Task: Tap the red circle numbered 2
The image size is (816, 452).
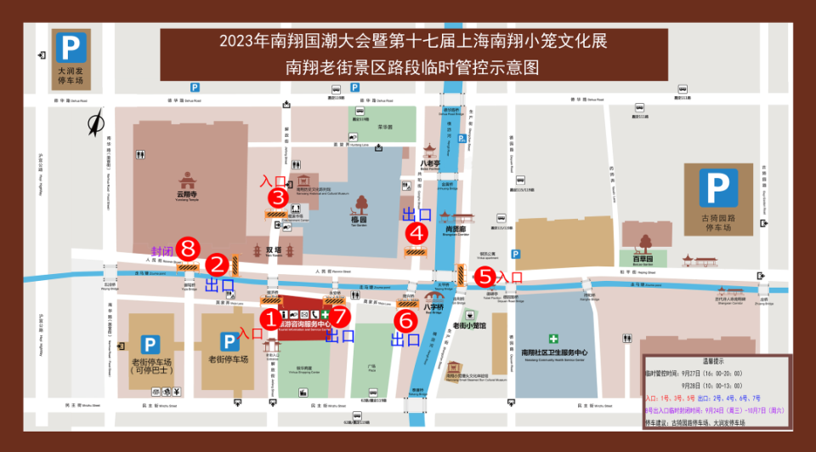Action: [218, 264]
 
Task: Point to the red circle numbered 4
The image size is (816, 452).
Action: [416, 231]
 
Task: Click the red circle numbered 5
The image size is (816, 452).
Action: [484, 276]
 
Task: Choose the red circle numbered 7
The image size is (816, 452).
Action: [341, 316]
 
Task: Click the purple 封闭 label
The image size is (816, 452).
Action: [163, 251]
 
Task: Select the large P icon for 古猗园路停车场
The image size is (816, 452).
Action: [717, 188]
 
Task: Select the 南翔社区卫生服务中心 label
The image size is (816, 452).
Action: [554, 352]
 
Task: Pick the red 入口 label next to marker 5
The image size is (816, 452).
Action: [510, 277]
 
